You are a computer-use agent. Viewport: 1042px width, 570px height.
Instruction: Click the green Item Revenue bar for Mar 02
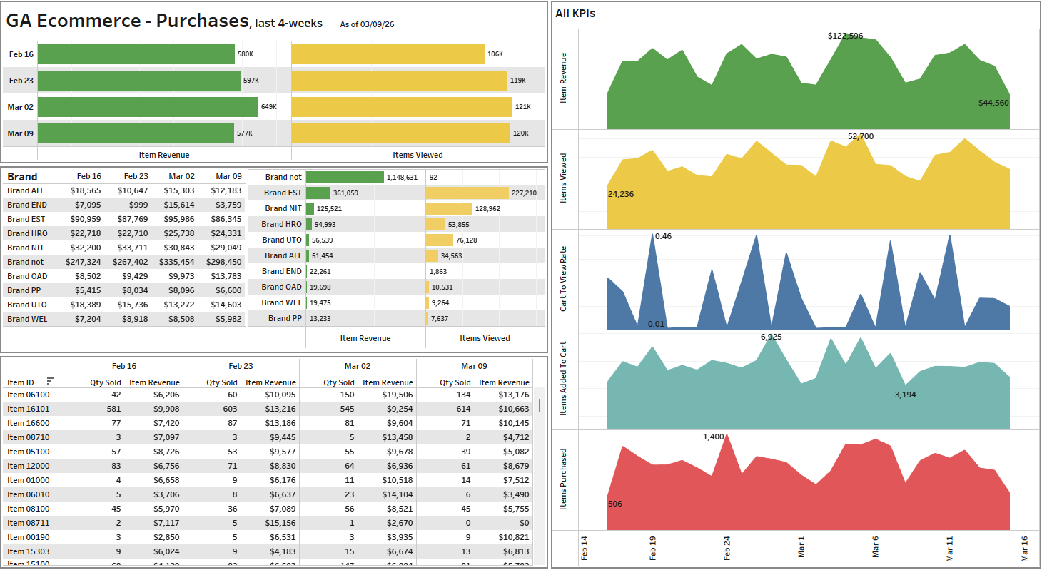pos(148,107)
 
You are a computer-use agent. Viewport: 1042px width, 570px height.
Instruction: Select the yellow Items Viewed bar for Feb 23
pos(400,81)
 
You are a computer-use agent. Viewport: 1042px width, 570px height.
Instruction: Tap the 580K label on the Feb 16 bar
pos(245,54)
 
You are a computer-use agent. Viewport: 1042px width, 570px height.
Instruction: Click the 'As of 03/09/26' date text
pos(367,24)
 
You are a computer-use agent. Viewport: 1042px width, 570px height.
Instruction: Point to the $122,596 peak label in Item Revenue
pos(845,36)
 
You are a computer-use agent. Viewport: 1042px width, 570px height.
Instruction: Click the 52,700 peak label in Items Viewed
pos(860,136)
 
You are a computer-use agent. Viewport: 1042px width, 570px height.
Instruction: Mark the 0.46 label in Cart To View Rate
pos(663,236)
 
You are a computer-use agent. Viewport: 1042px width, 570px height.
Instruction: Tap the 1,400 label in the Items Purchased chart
pos(713,437)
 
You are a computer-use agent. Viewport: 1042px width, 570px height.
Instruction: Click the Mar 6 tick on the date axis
pos(876,546)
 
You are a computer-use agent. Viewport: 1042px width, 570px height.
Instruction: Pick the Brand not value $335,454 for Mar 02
pos(178,262)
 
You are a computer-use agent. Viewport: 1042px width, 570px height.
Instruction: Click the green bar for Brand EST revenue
pos(318,193)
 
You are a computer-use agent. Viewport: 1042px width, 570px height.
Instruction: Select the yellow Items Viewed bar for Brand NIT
pos(449,208)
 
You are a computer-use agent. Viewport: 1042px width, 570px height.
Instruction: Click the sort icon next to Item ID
pos(50,381)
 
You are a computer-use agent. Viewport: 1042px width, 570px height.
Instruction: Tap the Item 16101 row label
pos(29,409)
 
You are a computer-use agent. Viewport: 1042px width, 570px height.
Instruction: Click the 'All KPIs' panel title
pos(575,13)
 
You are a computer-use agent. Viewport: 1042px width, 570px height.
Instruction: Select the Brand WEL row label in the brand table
pos(27,319)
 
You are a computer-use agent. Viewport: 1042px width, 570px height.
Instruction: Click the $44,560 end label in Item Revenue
pos(993,103)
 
